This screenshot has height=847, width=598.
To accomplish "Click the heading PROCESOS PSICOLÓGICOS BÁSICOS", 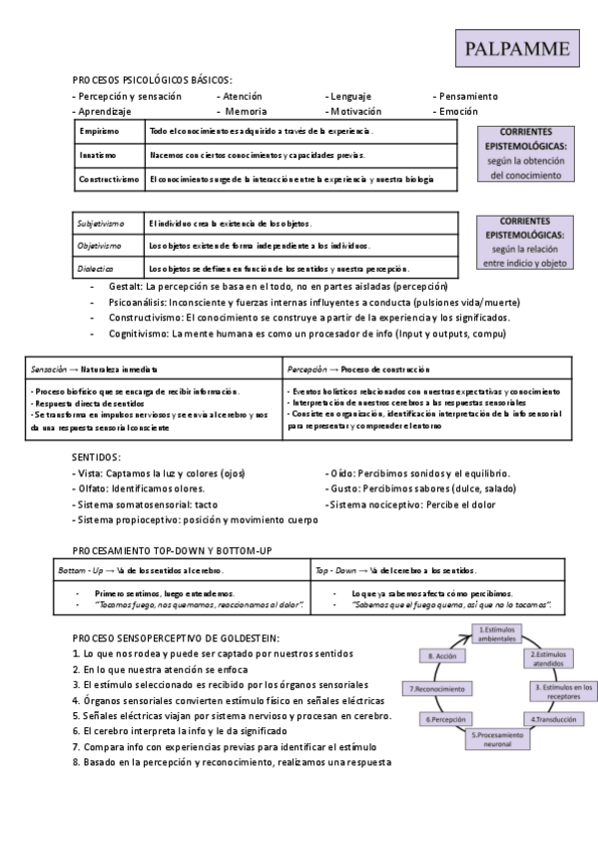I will (153, 80).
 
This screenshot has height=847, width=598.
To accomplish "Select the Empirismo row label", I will (99, 132).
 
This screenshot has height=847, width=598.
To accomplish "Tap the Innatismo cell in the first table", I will (98, 155).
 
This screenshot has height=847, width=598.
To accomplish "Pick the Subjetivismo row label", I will (101, 223).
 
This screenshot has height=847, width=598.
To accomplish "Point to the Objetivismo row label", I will (100, 246).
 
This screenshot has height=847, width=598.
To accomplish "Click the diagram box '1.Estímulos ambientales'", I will (496, 635).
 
